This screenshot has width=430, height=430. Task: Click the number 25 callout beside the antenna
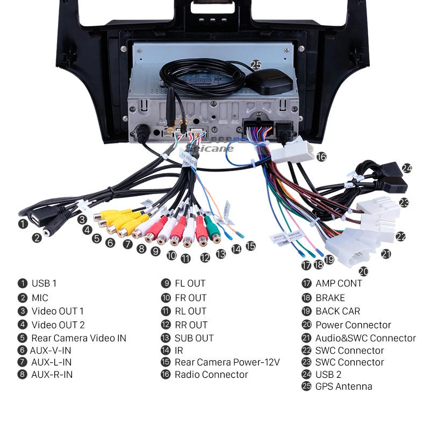256,64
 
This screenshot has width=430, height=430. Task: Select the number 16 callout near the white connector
321,157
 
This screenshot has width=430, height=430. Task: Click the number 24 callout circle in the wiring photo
407,168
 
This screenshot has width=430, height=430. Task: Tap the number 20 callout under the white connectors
364,271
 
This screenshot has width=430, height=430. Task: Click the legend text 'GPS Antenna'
343,386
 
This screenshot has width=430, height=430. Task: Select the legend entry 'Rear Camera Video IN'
78,338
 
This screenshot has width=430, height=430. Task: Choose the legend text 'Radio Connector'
211,375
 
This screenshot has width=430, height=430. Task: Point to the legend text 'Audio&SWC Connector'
365,338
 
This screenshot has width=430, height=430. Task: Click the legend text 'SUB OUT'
194,338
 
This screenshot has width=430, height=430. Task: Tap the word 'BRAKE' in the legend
330,298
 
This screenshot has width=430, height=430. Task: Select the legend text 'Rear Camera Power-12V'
227,362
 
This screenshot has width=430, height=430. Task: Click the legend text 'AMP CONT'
339,283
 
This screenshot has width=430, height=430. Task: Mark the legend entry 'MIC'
40,298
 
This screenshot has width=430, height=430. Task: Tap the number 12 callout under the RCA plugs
205,257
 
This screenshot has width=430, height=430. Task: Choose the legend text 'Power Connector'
353,325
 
